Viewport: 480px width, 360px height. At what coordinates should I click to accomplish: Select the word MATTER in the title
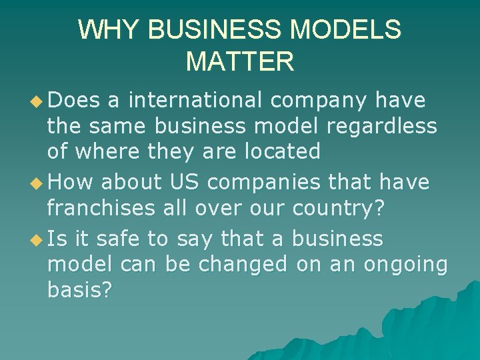[240, 62]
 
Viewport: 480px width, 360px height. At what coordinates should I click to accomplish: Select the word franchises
[101, 207]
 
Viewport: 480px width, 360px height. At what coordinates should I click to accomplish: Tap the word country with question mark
[339, 208]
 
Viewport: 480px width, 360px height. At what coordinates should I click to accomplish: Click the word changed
[243, 264]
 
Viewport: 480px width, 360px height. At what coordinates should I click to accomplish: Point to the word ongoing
[405, 265]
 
